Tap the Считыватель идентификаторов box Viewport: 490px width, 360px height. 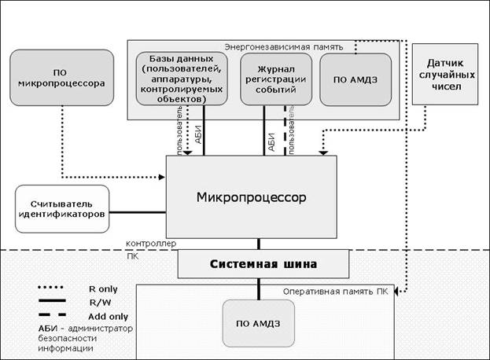[61, 209]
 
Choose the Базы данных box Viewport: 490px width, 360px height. [182, 79]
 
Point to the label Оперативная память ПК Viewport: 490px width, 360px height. [336, 291]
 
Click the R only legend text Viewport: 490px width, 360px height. [105, 288]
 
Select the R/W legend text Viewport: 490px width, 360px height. [99, 301]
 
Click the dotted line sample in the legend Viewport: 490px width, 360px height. [53, 288]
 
